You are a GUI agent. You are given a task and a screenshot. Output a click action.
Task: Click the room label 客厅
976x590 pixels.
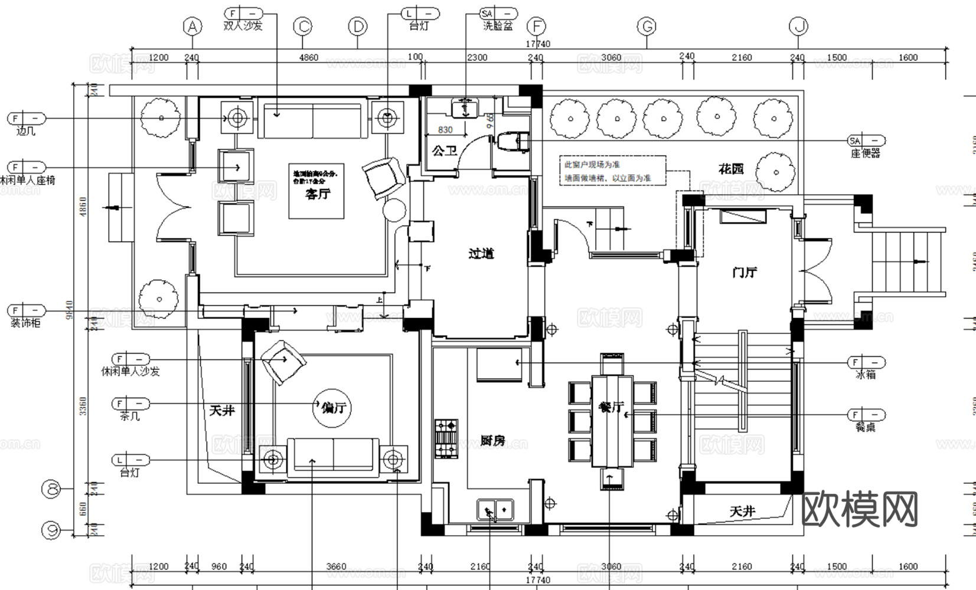click(x=317, y=195)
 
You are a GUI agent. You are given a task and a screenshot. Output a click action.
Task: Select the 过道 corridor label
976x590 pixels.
click(x=481, y=254)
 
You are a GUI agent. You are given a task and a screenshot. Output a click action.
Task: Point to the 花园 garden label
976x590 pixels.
click(x=730, y=169)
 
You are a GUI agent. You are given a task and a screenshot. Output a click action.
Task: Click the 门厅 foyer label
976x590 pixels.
click(x=744, y=273)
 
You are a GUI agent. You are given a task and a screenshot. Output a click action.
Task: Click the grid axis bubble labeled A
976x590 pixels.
click(x=192, y=27)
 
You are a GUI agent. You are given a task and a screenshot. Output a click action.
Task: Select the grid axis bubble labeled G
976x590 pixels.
click(x=647, y=27)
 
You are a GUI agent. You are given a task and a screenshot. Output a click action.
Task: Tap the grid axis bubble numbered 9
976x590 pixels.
click(x=52, y=530)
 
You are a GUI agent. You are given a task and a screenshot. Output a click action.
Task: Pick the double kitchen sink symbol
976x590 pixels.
click(x=495, y=509)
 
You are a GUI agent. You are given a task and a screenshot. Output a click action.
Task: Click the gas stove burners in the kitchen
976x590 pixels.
click(x=446, y=438)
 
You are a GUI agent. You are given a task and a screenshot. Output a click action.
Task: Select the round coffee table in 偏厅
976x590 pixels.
click(x=333, y=407)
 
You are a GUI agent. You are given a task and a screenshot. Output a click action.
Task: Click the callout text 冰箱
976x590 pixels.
click(x=865, y=375)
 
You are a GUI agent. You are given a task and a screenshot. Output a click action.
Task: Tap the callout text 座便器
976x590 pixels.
click(x=865, y=153)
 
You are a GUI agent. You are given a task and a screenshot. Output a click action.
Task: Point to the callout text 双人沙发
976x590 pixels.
click(x=243, y=26)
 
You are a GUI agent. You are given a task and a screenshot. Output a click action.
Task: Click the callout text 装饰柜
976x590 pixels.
click(x=25, y=323)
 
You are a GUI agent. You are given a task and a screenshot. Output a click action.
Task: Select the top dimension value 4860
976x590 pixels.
click(x=308, y=58)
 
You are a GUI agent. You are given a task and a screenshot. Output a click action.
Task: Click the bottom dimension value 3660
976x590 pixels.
click(x=336, y=566)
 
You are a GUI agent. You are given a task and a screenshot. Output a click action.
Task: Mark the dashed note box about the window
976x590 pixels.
click(x=612, y=171)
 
